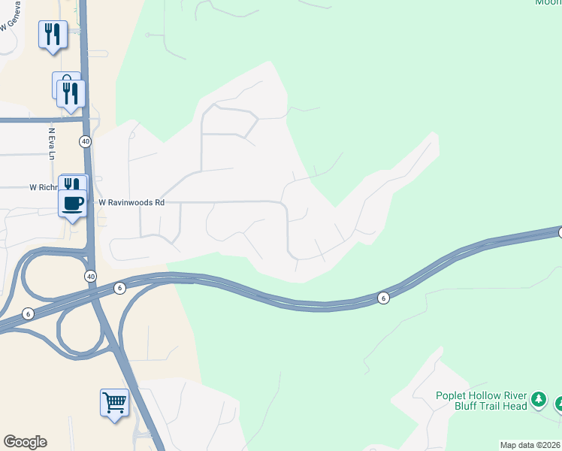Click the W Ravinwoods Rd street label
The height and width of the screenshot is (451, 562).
(x=131, y=202)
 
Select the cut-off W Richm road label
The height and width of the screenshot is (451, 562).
(x=44, y=187)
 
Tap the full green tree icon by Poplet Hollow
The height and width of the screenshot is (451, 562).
(x=538, y=399)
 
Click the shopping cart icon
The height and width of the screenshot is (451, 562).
(x=114, y=402)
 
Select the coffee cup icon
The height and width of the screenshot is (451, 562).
(x=73, y=203)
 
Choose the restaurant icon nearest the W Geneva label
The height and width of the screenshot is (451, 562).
(x=52, y=34)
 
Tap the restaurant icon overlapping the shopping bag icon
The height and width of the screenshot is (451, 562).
(x=71, y=93)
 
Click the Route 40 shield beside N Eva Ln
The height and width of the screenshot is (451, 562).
(x=86, y=141)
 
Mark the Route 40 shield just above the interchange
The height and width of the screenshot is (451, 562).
(x=91, y=276)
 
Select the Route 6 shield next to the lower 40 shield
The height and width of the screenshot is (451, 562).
(x=119, y=288)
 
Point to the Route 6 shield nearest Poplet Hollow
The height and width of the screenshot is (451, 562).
(x=383, y=298)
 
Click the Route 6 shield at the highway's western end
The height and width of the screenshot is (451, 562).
(x=28, y=313)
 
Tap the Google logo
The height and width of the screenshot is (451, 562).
(x=25, y=442)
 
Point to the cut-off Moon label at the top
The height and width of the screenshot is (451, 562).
(x=548, y=2)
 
